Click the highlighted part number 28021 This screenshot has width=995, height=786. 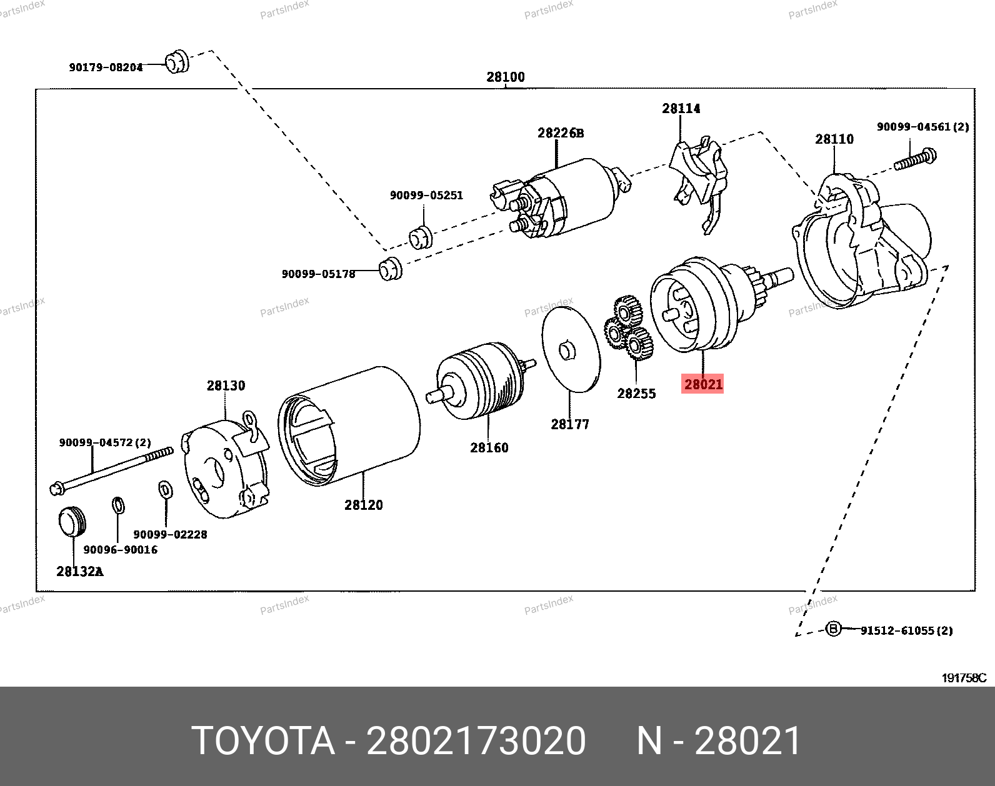[703, 384]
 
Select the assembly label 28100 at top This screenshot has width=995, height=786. [506, 77]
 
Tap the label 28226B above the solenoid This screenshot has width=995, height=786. [561, 133]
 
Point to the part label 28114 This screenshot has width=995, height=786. [681, 109]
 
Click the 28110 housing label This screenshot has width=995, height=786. [834, 139]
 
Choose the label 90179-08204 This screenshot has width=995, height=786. [106, 67]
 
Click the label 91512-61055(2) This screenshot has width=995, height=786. [906, 630]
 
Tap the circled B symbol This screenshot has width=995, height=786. [833, 629]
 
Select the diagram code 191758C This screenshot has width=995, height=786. [964, 678]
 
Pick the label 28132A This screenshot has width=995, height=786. [79, 570]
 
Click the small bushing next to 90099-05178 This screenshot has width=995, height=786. [391, 269]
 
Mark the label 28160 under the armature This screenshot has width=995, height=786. [489, 447]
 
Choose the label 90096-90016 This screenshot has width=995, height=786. [120, 550]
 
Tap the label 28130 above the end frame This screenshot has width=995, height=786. [226, 386]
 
